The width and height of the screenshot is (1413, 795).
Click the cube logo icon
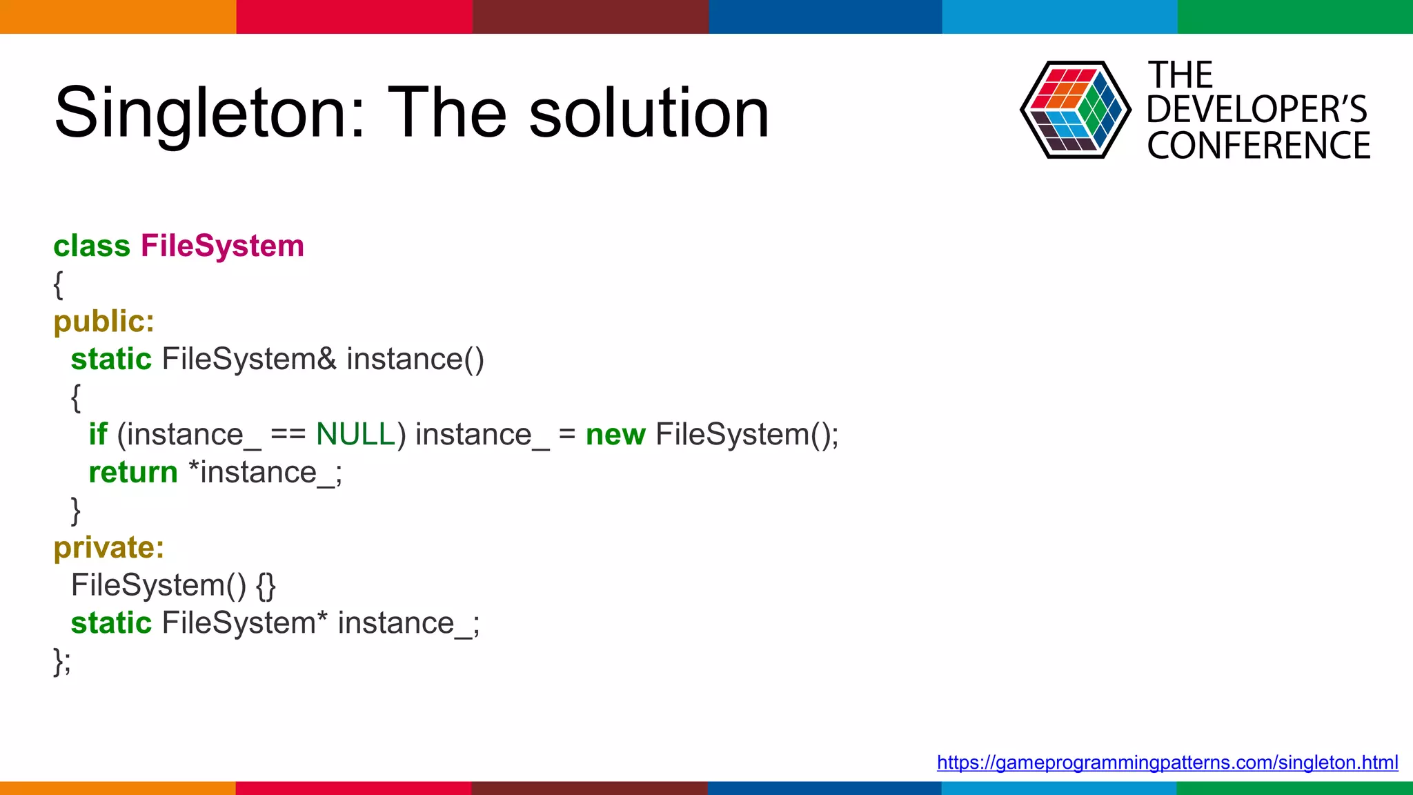(1075, 110)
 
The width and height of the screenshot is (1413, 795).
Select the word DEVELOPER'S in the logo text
(1256, 110)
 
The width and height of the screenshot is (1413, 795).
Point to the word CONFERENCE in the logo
(1258, 146)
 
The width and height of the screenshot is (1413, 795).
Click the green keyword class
(92, 246)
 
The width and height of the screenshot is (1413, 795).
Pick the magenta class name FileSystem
(222, 246)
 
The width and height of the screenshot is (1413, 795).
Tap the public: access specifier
(104, 322)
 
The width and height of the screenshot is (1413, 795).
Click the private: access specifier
(109, 548)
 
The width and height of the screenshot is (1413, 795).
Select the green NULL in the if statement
(355, 435)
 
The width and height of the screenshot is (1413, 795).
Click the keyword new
(615, 435)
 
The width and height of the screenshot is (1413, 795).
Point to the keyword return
(133, 473)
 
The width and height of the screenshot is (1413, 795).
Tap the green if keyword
(98, 435)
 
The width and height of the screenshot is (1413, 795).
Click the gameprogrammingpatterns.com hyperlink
(1167, 763)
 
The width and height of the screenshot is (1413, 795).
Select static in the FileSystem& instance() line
(111, 360)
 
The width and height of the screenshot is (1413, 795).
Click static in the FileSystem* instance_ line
(111, 623)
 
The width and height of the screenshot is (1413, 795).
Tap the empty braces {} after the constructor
(266, 586)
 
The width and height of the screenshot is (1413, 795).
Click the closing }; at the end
(62, 661)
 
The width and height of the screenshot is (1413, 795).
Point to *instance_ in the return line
(264, 473)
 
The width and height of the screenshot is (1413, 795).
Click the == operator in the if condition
(288, 435)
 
